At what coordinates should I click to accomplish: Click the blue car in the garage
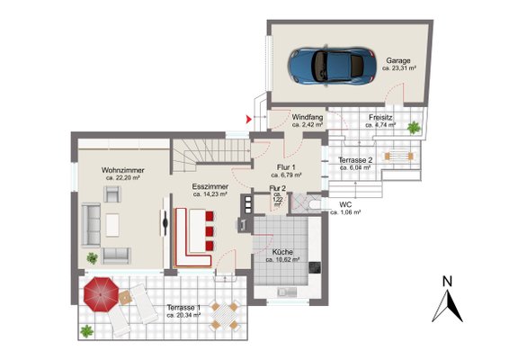coord(332,66)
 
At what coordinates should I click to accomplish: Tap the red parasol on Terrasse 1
coord(101,294)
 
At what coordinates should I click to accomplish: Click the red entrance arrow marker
coord(249,120)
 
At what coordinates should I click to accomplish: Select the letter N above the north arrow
coord(447,282)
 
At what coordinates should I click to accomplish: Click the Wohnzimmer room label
coord(122,170)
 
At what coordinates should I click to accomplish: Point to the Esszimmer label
coord(210,187)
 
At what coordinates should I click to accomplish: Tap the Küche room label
coord(282,252)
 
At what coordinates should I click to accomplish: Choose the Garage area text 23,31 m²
coord(399,68)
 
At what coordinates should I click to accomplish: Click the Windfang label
coord(308,117)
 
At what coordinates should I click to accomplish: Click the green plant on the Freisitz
coord(414,128)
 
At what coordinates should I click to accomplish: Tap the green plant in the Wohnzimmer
coord(93,258)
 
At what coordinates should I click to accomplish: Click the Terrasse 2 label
coord(355,160)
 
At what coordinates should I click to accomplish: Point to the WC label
coord(345,205)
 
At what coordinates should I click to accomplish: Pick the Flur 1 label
coord(286,167)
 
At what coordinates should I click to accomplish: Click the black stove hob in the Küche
coord(315,267)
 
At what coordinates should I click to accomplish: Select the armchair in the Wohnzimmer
coord(112,194)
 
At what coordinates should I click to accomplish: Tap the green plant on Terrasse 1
coord(86,331)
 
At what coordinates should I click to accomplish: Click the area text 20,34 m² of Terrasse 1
coord(183,315)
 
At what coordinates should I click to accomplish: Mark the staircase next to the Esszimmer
coord(211,155)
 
